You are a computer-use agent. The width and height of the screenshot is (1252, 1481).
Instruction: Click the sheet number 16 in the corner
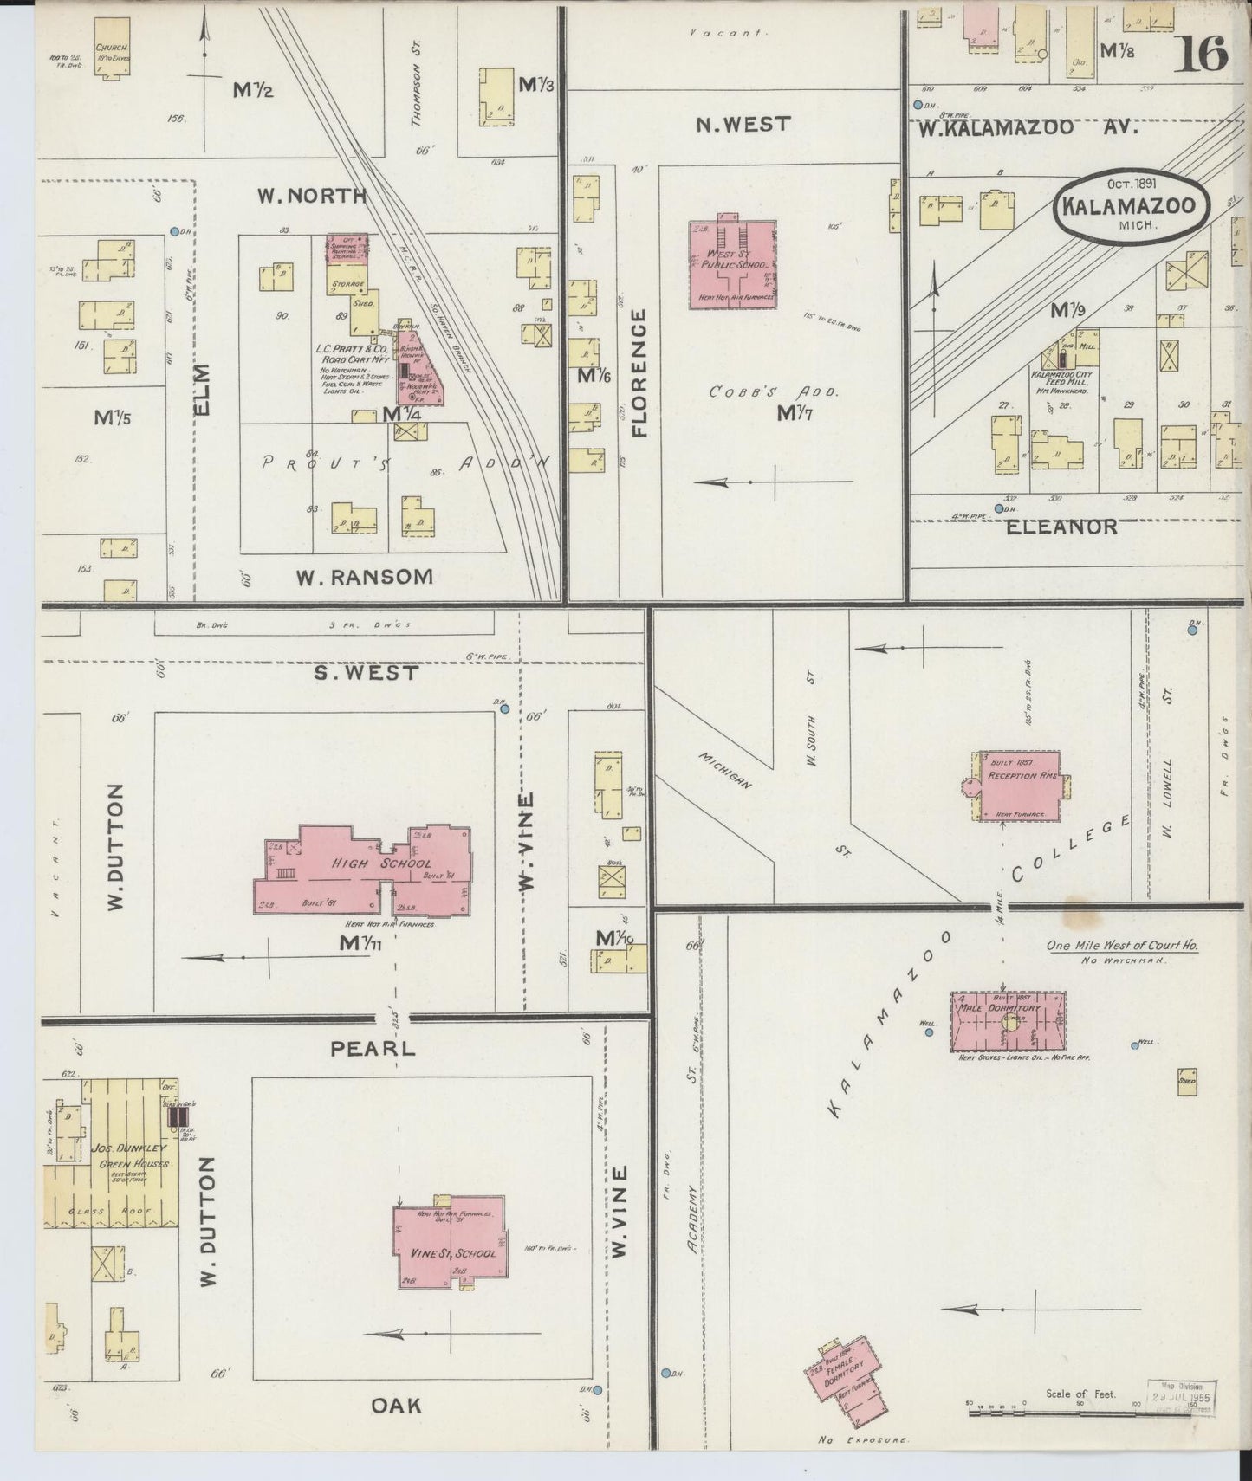(1202, 55)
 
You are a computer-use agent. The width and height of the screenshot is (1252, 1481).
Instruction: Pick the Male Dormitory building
(1008, 1022)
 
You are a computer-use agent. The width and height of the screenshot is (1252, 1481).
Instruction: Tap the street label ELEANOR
(1061, 527)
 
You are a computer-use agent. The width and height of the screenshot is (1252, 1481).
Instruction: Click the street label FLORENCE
(639, 372)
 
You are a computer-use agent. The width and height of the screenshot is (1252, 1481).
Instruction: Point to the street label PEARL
(373, 1048)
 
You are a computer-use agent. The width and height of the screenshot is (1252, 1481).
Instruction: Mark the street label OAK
(396, 1405)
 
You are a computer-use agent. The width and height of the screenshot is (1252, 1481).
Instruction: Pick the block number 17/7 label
(800, 413)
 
